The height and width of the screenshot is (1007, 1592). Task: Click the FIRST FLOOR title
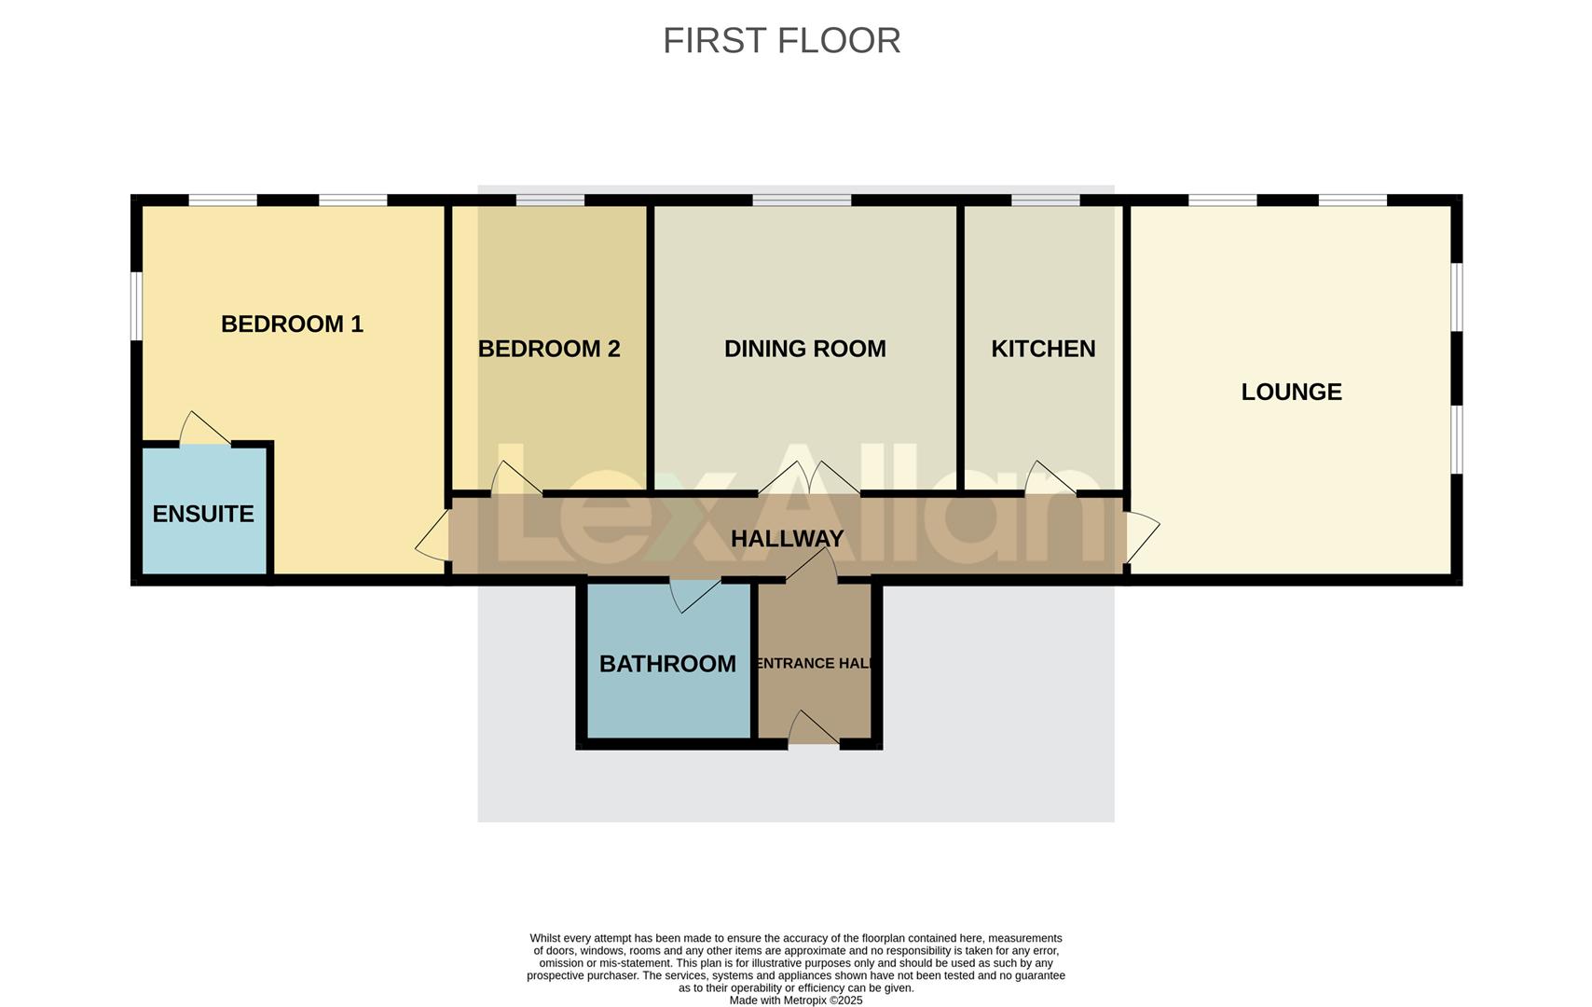click(x=781, y=41)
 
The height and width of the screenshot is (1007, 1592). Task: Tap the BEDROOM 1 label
click(x=292, y=324)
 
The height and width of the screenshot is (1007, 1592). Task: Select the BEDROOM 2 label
click(x=549, y=349)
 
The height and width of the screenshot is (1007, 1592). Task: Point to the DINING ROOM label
click(x=804, y=349)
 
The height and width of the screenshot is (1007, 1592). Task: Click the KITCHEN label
click(x=1043, y=349)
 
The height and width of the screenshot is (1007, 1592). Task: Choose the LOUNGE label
click(x=1291, y=392)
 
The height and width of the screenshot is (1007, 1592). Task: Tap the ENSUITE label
click(x=203, y=514)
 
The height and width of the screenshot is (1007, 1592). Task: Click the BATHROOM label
click(x=667, y=664)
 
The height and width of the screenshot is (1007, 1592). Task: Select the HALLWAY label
click(x=787, y=539)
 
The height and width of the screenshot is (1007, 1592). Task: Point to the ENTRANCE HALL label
click(x=815, y=664)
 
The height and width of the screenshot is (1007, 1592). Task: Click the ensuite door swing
click(x=203, y=430)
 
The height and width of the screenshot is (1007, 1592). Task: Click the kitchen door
click(x=1049, y=478)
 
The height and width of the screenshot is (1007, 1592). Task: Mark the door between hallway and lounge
click(x=1142, y=537)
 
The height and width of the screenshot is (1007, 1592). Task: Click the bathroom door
click(x=693, y=594)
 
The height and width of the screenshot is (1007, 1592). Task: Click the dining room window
click(x=802, y=200)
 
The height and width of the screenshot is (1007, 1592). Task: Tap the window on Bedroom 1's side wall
click(x=136, y=306)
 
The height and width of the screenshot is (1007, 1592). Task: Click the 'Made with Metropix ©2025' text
click(x=795, y=1000)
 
